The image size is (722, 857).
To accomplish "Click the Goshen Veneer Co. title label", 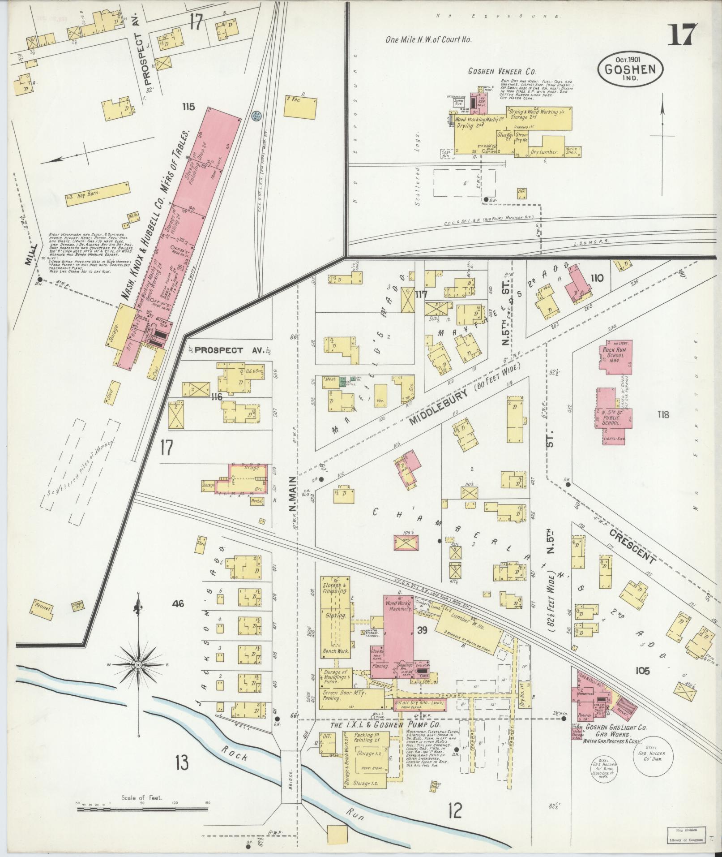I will [x=502, y=71].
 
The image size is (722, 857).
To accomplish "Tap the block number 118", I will [x=663, y=414].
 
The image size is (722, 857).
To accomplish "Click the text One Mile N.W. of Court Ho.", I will [x=428, y=39].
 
